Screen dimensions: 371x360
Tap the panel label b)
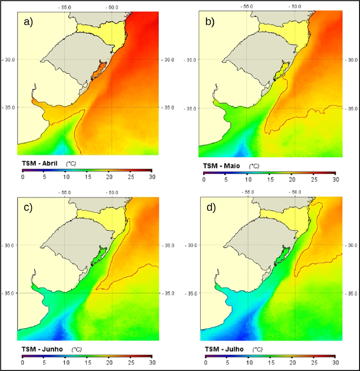point(209,22)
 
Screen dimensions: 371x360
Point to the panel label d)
point(211,207)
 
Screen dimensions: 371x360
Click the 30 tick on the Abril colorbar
point(151,177)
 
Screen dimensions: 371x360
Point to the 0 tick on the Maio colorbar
point(204,179)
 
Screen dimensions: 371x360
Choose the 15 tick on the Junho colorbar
point(87,363)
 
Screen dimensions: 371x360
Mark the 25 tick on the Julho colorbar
point(313,363)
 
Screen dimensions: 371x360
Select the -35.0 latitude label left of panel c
point(9,293)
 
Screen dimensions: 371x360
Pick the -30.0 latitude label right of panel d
point(352,245)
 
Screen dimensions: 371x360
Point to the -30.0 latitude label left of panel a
point(9,60)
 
